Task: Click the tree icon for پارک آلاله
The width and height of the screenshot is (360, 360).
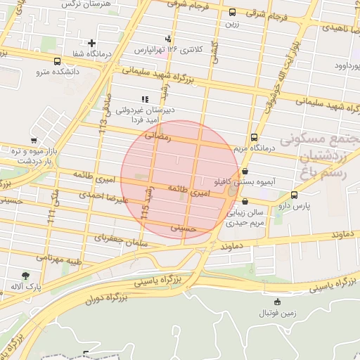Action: pyautogui.click(x=26, y=276)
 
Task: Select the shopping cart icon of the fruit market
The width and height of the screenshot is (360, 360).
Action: pyautogui.click(x=34, y=140)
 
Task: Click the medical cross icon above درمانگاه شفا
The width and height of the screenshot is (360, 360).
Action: pyautogui.click(x=91, y=43)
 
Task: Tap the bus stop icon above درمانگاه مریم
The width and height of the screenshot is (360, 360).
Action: pyautogui.click(x=253, y=138)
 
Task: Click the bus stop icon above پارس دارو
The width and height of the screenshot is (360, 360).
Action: pyautogui.click(x=293, y=195)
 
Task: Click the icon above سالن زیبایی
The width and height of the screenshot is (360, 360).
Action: pyautogui.click(x=244, y=201)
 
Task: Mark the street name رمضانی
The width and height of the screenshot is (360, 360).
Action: pyautogui.click(x=157, y=138)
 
